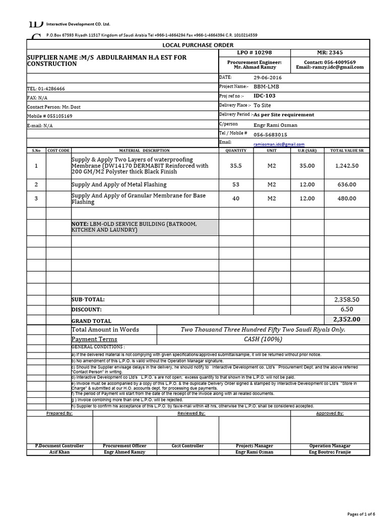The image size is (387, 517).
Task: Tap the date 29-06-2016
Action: point(268,77)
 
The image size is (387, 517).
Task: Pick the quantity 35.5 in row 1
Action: point(235,166)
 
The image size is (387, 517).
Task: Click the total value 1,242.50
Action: point(347,166)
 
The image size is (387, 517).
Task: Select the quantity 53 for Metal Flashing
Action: point(235,185)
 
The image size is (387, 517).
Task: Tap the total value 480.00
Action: point(347,198)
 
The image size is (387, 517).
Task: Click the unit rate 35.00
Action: point(307,166)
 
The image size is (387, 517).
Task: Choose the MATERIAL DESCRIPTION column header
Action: point(145,150)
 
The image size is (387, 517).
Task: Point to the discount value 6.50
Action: point(347,309)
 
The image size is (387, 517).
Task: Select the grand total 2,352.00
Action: point(347,319)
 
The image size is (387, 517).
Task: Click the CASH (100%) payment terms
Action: point(263,339)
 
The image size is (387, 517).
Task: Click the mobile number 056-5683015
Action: point(270,135)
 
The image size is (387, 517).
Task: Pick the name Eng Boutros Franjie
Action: point(330,452)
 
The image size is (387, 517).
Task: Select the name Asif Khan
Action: point(59,452)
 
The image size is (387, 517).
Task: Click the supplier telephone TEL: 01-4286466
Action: point(46,88)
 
